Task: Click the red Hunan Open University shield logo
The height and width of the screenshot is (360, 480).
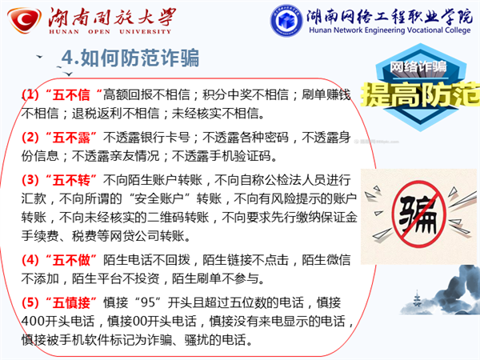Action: coord(25,20)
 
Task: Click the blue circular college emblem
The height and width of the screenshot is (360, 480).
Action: coord(286,21)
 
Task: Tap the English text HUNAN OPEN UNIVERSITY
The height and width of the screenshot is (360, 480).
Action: coord(110,31)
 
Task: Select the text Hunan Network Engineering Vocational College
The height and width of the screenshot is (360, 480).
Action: coord(390,30)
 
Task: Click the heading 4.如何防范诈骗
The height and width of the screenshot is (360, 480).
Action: coord(130,58)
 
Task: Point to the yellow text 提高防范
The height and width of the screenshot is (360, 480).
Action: coord(420,94)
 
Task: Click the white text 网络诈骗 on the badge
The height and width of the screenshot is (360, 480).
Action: coord(418,66)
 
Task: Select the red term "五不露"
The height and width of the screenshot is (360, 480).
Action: coord(71,137)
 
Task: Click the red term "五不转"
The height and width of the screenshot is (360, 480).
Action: coord(71,180)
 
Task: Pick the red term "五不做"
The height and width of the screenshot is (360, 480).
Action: coord(71,260)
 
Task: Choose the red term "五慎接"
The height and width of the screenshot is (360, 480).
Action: coord(71,302)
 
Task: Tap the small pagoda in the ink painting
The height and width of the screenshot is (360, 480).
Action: coord(417,298)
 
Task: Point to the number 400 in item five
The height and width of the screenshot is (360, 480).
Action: coord(33,322)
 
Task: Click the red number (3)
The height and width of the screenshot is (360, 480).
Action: coord(30,180)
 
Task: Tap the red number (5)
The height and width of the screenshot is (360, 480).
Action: coord(30,302)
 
